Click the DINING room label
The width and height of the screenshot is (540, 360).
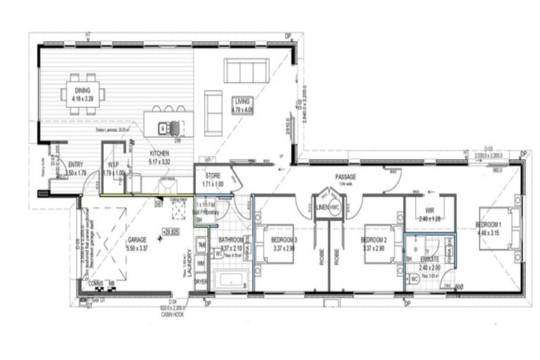click(x=83, y=91)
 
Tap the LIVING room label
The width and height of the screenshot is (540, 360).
click(x=243, y=102)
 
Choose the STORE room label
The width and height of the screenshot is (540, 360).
click(x=213, y=176)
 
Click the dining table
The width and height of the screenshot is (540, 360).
click(x=83, y=94)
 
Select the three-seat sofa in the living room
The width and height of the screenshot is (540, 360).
click(x=245, y=70)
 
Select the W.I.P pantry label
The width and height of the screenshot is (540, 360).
click(x=112, y=169)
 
